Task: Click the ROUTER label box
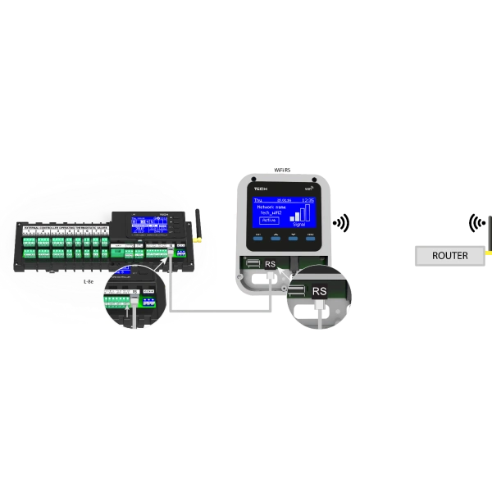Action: pos(449,256)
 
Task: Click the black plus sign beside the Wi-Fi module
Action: pos(348,221)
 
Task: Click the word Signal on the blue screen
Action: pos(299,223)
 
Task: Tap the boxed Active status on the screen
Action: pos(269,220)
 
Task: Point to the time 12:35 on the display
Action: pos(308,199)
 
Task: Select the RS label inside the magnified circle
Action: pos(320,291)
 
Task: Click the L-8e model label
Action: pos(89,280)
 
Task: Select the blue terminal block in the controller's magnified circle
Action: pos(148,300)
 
